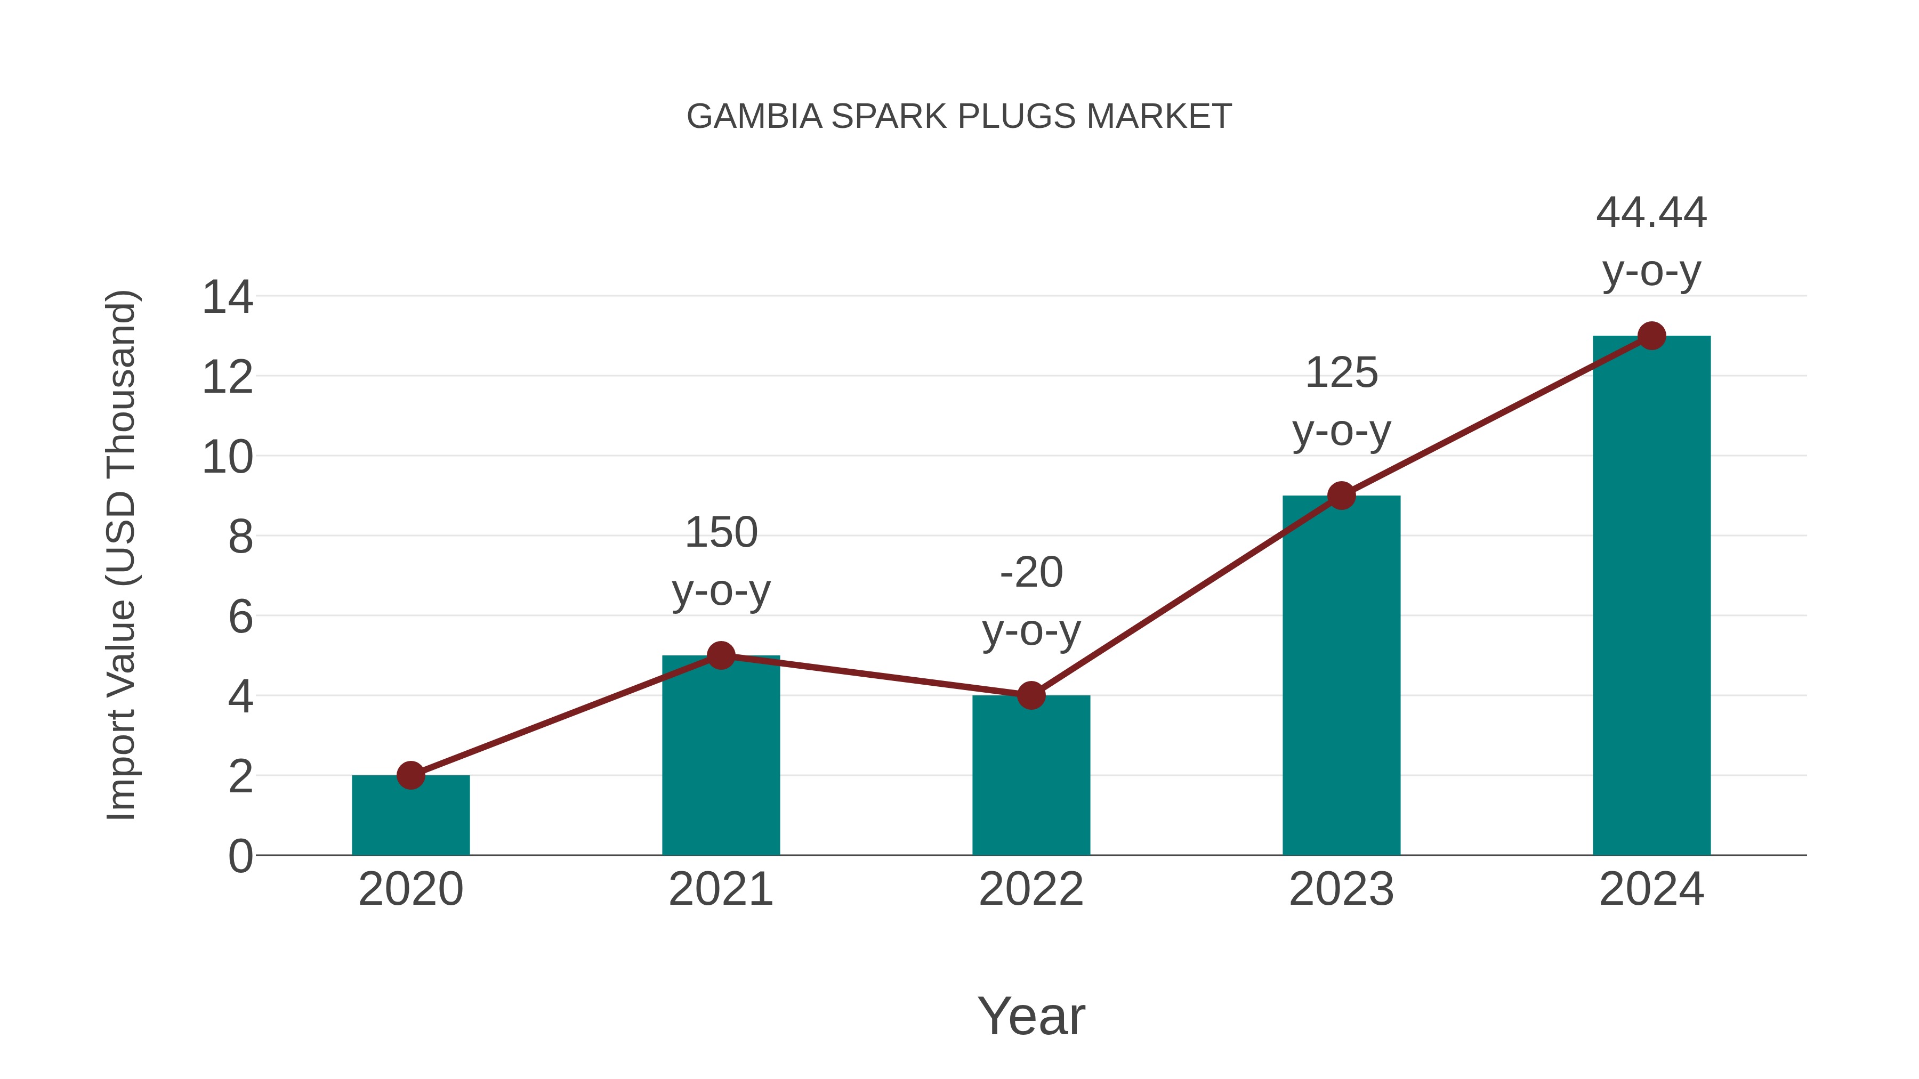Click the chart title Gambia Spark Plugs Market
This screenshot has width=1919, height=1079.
[x=959, y=117]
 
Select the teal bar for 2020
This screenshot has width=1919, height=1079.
[x=410, y=819]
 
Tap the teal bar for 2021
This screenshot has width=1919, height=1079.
[x=720, y=759]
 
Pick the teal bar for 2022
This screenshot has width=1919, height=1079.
[x=1031, y=778]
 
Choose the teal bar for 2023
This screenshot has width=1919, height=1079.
[x=1341, y=678]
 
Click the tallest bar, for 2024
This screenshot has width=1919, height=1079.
[x=1651, y=596]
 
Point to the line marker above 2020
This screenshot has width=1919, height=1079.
[x=410, y=775]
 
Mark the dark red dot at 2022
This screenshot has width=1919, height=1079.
[x=1031, y=695]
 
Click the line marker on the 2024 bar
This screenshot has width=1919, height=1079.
[x=1651, y=336]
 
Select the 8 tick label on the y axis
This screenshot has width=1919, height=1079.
[x=240, y=537]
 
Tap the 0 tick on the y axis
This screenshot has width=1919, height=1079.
[x=240, y=856]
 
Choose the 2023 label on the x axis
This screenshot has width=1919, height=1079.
[x=1341, y=889]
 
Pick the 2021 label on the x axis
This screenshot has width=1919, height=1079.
[x=720, y=889]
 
